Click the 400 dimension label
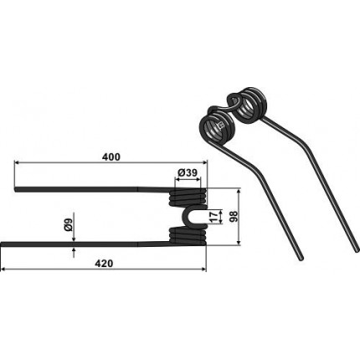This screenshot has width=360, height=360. click(111, 157)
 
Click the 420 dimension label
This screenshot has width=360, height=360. click(104, 264)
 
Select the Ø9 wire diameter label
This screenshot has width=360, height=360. click(69, 224)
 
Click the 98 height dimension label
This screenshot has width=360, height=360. click(233, 217)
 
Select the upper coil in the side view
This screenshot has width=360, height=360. click(188, 197)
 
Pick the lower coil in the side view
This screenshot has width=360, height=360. click(188, 236)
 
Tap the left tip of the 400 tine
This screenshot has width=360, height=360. click(15, 189)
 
